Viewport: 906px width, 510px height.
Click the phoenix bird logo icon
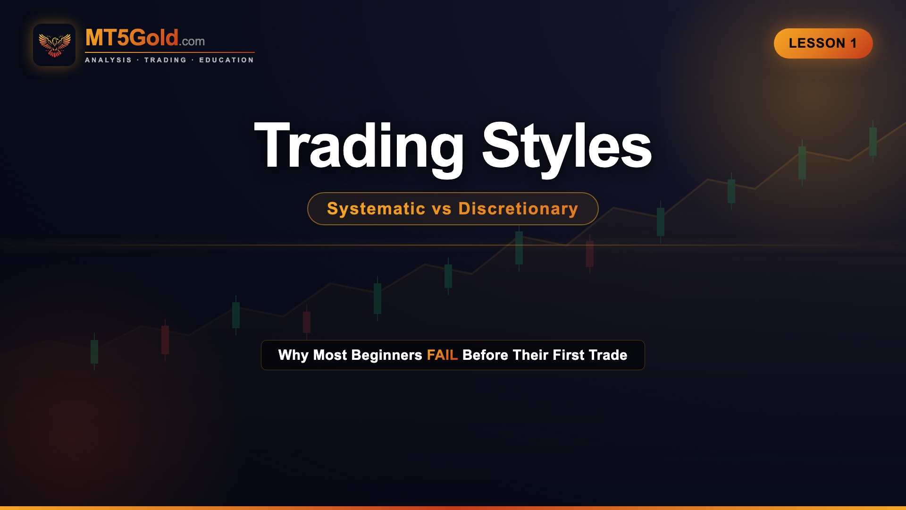[54, 45]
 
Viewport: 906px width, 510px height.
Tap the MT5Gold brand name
[132, 38]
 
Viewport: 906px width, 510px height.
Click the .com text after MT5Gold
[193, 42]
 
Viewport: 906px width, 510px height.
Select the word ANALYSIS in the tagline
[108, 60]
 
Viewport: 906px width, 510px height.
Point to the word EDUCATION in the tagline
[226, 60]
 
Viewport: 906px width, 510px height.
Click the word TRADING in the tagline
[165, 60]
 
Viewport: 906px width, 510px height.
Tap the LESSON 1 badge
[823, 43]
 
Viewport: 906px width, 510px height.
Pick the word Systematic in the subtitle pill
[376, 209]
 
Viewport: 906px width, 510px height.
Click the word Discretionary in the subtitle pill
[518, 209]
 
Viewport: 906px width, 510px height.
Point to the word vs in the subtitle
[442, 209]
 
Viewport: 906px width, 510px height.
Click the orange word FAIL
[442, 355]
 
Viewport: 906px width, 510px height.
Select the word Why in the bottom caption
[293, 355]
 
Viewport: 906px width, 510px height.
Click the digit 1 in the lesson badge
[853, 43]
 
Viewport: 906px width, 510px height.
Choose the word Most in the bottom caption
[330, 355]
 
